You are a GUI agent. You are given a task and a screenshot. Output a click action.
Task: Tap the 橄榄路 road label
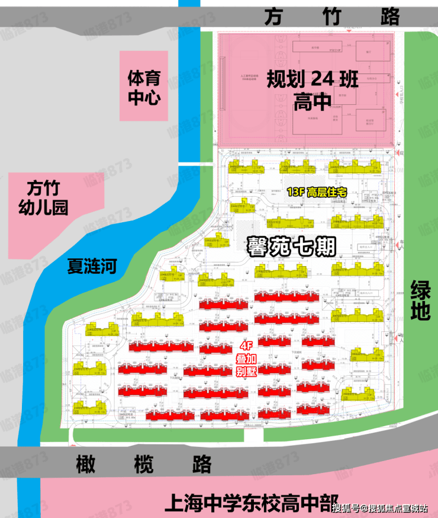point(144,463)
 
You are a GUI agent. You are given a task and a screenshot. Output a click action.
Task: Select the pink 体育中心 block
point(144,87)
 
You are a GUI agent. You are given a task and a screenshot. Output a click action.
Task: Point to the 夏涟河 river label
point(92,266)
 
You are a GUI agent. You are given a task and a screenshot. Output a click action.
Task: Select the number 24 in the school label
point(324,78)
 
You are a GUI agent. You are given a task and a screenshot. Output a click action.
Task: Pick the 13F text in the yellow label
point(294,192)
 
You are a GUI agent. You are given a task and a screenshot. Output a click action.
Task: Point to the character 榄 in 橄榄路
point(144,463)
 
